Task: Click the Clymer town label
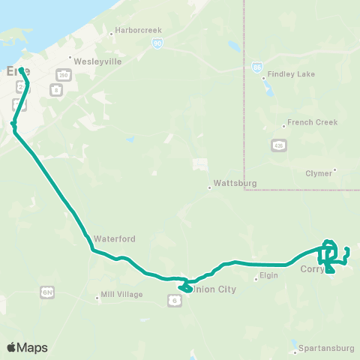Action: tap(319, 172)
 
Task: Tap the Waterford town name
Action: tap(114, 238)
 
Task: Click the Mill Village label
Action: tap(121, 295)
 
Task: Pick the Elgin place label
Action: tap(269, 277)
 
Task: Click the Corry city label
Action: tap(310, 268)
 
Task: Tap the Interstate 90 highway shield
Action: tap(157, 45)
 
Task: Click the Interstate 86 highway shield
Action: tap(257, 67)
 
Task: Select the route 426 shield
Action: tap(278, 145)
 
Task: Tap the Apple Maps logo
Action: tap(27, 347)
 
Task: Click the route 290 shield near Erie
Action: tap(62, 75)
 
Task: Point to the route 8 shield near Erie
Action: tap(55, 89)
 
